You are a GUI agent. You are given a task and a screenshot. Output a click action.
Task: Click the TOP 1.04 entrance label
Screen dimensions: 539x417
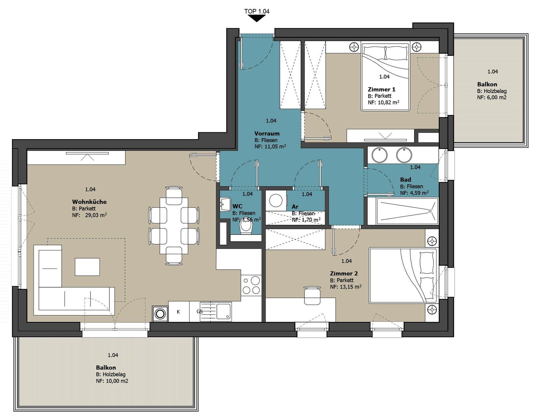tap(257, 11)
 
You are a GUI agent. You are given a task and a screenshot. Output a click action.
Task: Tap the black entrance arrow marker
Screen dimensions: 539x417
tap(257, 18)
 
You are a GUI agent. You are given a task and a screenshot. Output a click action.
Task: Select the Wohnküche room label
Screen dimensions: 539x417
tap(89, 202)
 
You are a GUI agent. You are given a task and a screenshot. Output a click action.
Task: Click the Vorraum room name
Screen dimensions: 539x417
tap(267, 133)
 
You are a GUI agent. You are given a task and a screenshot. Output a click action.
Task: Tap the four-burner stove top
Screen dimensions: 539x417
tap(251, 285)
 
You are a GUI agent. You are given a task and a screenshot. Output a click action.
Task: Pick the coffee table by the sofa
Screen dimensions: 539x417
tap(87, 267)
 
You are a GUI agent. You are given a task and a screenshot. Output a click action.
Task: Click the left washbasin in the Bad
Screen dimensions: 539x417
tap(380, 155)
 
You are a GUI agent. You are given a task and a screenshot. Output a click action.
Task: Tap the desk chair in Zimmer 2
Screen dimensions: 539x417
tap(312, 296)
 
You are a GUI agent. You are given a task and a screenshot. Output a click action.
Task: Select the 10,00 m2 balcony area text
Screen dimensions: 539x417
tap(117, 381)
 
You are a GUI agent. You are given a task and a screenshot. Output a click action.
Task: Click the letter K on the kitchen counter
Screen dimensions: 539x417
tap(178, 312)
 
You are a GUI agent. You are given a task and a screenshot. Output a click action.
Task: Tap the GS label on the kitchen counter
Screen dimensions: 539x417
tap(200, 312)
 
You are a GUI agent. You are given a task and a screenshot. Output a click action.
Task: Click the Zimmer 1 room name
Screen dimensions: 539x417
tap(381, 89)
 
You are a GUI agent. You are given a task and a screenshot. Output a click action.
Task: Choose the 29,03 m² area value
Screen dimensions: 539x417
tap(96, 215)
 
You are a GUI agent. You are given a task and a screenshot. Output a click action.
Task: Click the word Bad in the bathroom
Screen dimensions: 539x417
tap(406, 180)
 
